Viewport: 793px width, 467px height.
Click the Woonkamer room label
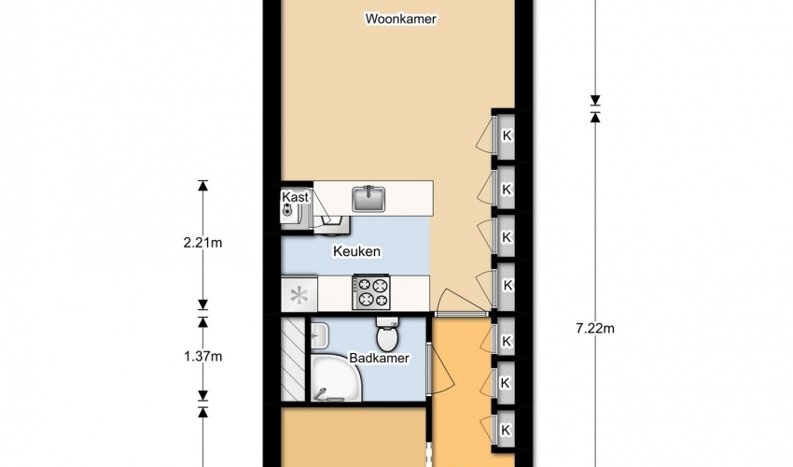(x=400, y=20)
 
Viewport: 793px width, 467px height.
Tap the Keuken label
(x=356, y=251)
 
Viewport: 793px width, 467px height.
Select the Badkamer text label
(x=380, y=358)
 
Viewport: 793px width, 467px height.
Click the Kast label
(x=295, y=197)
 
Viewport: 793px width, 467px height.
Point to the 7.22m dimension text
(x=595, y=329)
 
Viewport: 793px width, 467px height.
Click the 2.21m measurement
(x=202, y=243)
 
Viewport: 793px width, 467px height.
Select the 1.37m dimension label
(x=202, y=357)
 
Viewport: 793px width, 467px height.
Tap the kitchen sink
(x=369, y=199)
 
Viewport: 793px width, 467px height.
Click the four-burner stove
(x=371, y=292)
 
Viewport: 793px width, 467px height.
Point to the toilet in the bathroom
(x=388, y=334)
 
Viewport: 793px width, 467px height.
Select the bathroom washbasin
(x=320, y=334)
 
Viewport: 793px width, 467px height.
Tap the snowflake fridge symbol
(x=299, y=296)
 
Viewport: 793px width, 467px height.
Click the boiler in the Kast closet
(x=288, y=210)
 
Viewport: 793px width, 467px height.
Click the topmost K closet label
(x=507, y=135)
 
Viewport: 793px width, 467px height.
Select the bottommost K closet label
(x=506, y=430)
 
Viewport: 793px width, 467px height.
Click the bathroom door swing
(x=441, y=369)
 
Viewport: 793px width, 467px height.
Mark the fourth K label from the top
(x=507, y=285)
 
